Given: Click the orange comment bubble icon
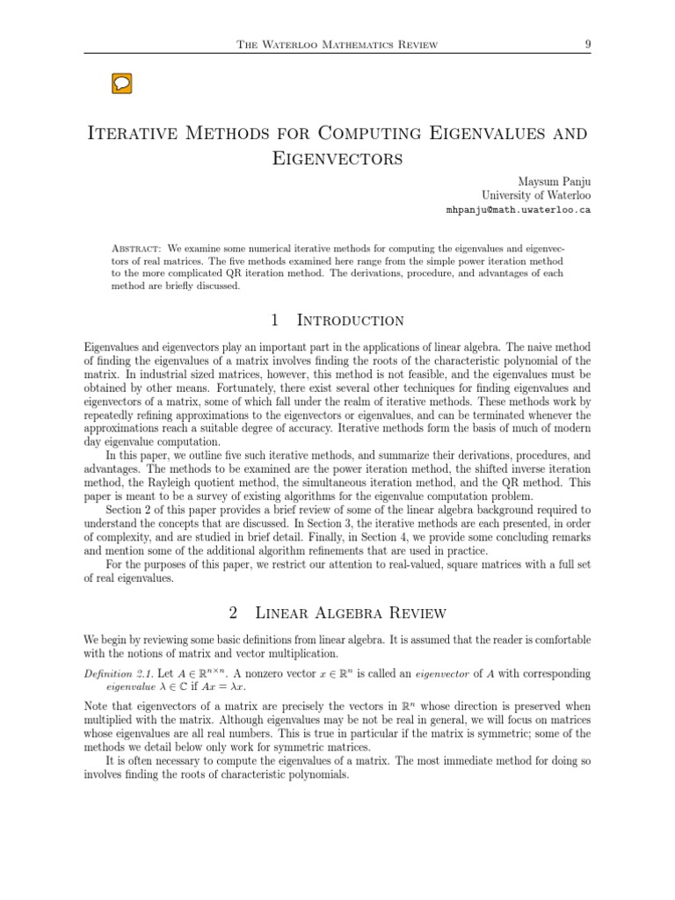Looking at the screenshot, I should (x=122, y=83).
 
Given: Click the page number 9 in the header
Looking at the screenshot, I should (x=585, y=44).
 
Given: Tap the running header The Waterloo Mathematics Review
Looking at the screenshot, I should (x=338, y=45).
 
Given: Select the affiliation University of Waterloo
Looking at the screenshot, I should (x=536, y=195).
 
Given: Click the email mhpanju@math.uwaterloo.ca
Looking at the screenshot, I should (x=519, y=211).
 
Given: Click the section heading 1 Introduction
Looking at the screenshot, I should (x=337, y=320).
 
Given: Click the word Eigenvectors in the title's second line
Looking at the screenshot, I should (x=338, y=158).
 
